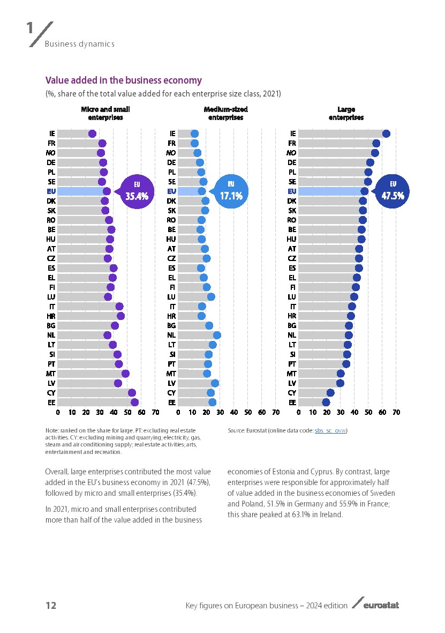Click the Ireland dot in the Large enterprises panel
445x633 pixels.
[386, 133]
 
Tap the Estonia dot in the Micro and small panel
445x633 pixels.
[134, 403]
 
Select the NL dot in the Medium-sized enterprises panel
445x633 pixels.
[217, 335]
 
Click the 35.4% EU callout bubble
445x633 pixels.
[137, 191]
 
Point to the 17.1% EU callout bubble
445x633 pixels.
[231, 191]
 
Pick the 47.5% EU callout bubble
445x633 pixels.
[392, 191]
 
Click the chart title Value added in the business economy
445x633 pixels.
[123, 80]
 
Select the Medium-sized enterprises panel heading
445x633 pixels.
[225, 113]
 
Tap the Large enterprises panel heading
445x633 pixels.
[346, 113]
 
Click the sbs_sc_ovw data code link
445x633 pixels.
[330, 430]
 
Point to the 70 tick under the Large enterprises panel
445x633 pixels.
[396, 413]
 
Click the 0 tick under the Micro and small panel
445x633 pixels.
[58, 413]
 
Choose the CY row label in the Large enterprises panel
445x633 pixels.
[292, 393]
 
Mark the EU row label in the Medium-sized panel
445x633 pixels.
[172, 191]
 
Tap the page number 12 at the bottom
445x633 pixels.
[51, 606]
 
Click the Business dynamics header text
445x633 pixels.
[79, 44]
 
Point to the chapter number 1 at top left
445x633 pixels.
[31, 28]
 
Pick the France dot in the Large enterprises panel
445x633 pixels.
[376, 143]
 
